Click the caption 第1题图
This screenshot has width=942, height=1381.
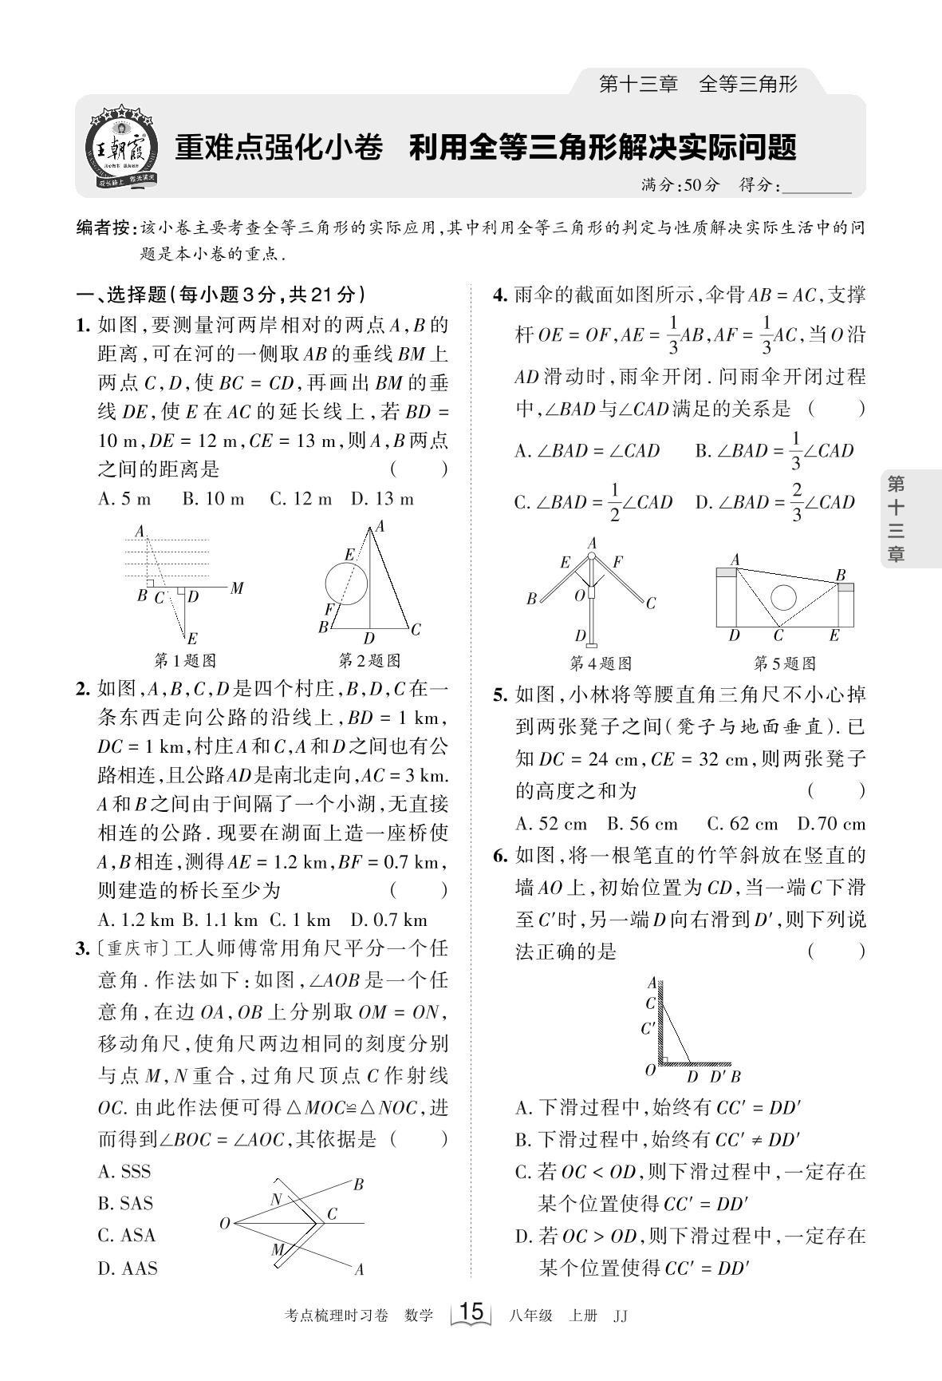tap(185, 661)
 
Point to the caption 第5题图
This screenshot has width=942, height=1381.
tap(784, 663)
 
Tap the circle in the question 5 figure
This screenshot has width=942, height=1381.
tap(784, 597)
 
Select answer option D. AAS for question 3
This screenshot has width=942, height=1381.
tap(128, 1268)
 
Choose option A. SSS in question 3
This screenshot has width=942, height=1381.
tap(125, 1172)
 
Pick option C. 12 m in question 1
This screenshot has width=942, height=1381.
tap(301, 500)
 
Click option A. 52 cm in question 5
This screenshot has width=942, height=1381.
tap(551, 825)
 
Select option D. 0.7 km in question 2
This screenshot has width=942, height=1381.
tap(389, 920)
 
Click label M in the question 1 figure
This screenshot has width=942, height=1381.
tap(237, 589)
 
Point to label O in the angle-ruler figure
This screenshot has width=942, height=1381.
tap(225, 1223)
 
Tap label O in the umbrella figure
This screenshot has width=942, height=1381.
tap(580, 596)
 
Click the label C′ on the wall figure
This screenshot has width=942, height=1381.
tap(648, 1029)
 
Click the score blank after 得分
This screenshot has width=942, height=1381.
tap(818, 186)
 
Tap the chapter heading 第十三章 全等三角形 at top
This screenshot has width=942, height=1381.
tap(698, 83)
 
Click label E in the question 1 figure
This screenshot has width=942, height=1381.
tap(192, 638)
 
